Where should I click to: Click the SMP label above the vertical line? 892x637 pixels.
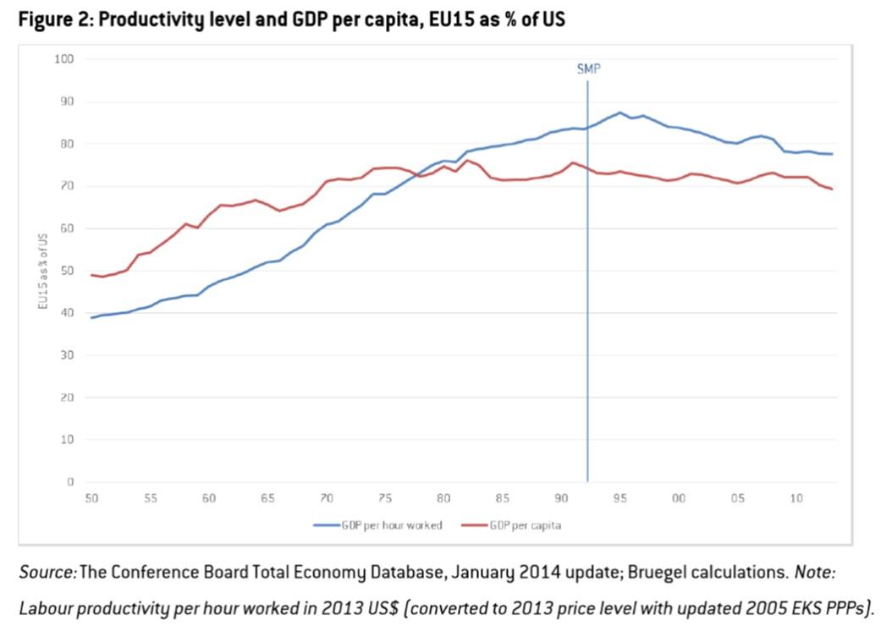[588, 69]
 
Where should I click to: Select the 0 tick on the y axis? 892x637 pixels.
[71, 482]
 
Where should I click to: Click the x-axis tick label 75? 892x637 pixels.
[385, 499]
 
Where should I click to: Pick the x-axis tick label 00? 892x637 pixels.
[679, 499]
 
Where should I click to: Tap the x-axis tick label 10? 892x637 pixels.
[796, 499]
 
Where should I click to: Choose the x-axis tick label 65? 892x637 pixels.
[267, 499]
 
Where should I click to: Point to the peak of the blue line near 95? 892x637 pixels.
[619, 113]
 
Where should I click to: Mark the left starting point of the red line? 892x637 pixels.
[91, 275]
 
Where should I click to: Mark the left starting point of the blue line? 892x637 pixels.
[91, 317]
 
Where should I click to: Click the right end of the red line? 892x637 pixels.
[832, 189]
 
